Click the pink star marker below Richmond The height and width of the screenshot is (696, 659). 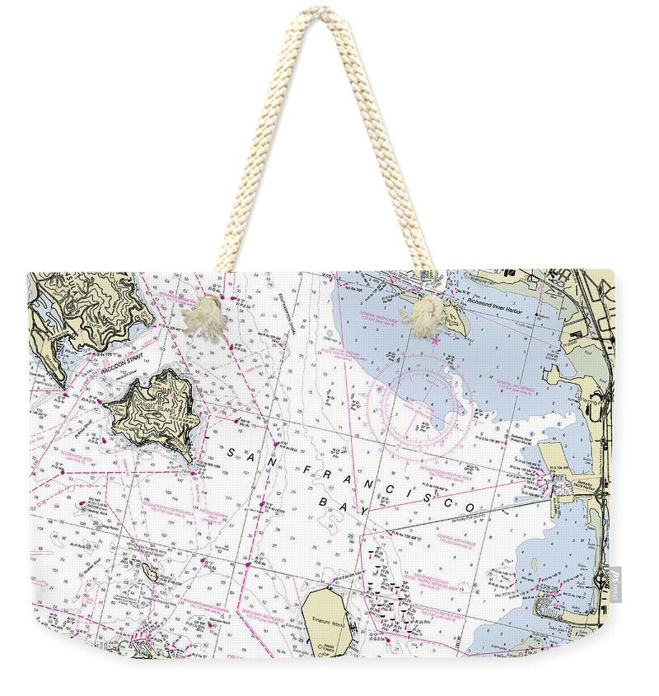[434, 339]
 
